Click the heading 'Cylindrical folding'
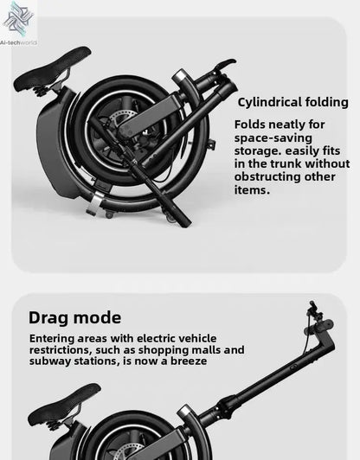click(x=292, y=102)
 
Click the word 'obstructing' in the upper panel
click(x=273, y=176)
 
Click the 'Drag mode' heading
click(x=74, y=317)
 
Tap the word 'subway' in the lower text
click(x=52, y=361)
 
